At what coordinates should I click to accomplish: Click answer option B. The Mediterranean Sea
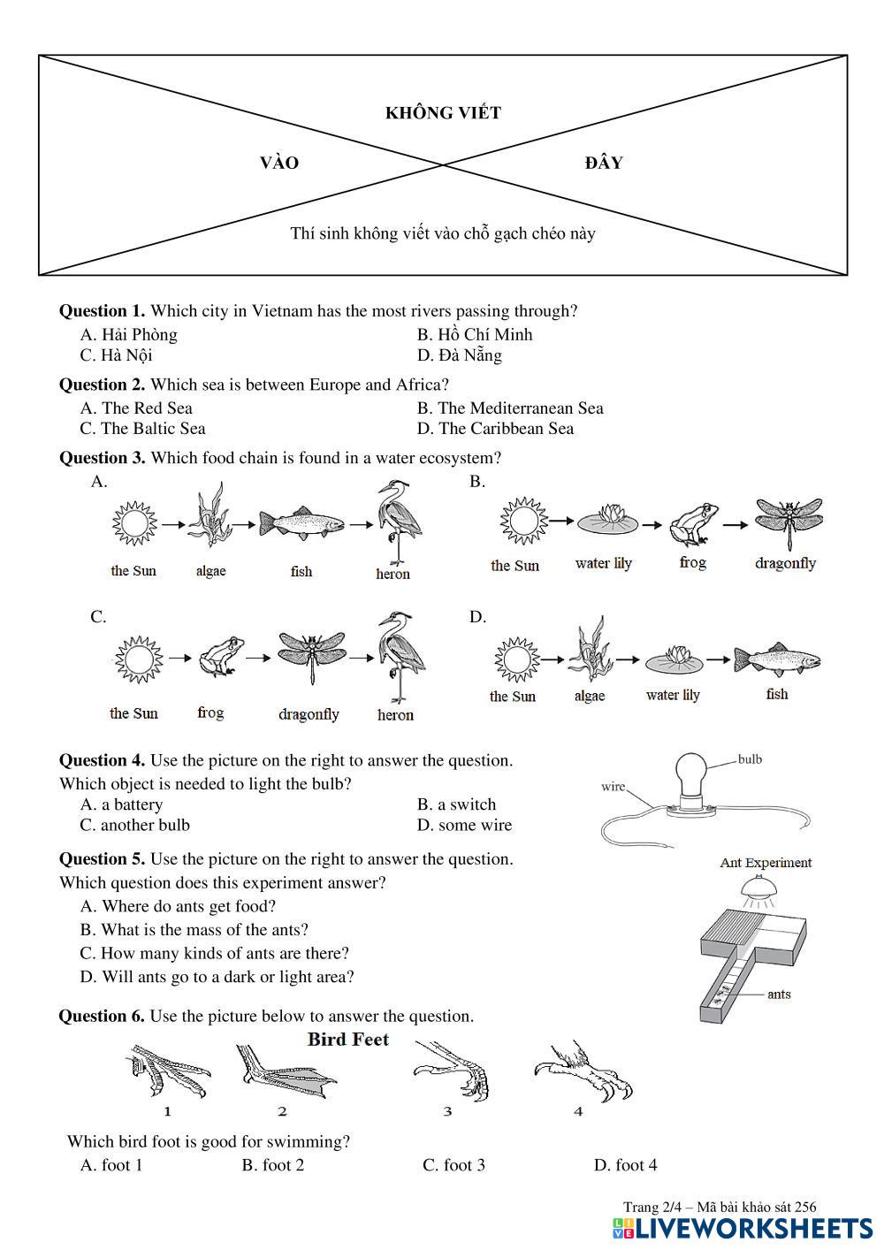point(510,408)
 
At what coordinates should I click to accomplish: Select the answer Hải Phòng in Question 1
point(129,334)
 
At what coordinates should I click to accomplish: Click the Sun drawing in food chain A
point(134,524)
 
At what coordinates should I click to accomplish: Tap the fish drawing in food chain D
point(777,659)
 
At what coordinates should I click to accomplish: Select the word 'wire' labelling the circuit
point(613,786)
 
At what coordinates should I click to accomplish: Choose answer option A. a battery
point(121,804)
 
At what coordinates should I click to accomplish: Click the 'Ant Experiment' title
point(766,863)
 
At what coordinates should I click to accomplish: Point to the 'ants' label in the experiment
point(779,995)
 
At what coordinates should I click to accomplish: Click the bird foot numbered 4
point(583,1072)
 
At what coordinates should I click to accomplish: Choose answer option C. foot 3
point(453,1165)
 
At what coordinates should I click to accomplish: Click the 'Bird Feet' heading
point(348,1040)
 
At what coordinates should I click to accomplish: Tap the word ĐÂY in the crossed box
point(604,163)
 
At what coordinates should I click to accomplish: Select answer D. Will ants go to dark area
point(217,977)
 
